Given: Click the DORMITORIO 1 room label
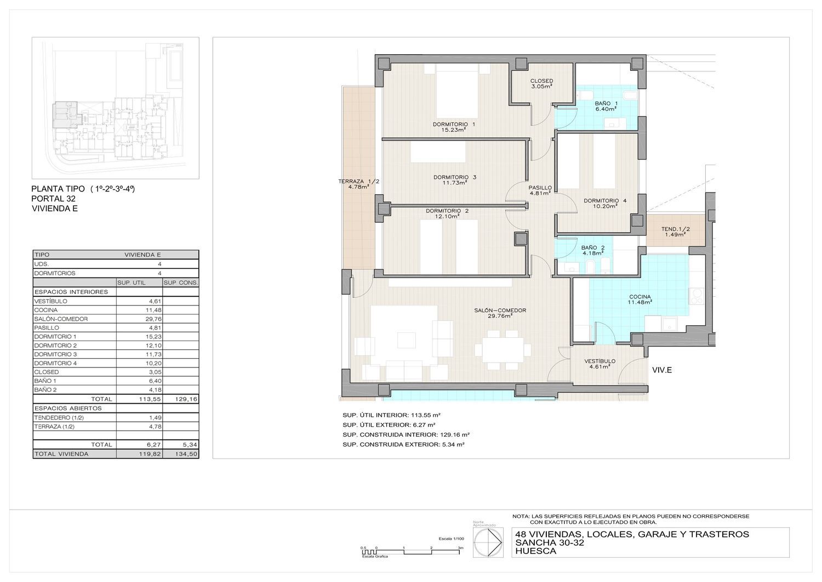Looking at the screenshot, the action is [454, 127].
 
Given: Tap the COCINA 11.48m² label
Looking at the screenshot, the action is [640, 300].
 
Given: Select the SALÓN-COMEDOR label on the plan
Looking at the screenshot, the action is [500, 313].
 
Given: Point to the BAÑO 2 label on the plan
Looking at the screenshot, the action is [593, 250].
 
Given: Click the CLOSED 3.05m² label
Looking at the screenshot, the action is [541, 83].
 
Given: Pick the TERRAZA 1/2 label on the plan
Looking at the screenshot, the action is [358, 184].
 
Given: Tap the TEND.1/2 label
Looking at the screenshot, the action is [676, 231].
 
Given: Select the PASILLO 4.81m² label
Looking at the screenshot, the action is [540, 190].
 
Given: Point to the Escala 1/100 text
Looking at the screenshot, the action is [452, 539].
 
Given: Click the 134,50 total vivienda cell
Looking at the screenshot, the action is [186, 454].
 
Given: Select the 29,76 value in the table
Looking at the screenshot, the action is [153, 319].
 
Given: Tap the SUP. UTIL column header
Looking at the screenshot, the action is [132, 282].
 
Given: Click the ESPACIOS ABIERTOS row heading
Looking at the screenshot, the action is [68, 408].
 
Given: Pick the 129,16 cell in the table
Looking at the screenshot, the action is [186, 399].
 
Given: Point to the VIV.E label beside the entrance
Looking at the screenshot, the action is [662, 370].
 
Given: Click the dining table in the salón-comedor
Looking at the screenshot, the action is [503, 350].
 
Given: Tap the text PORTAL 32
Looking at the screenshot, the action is [54, 199].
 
